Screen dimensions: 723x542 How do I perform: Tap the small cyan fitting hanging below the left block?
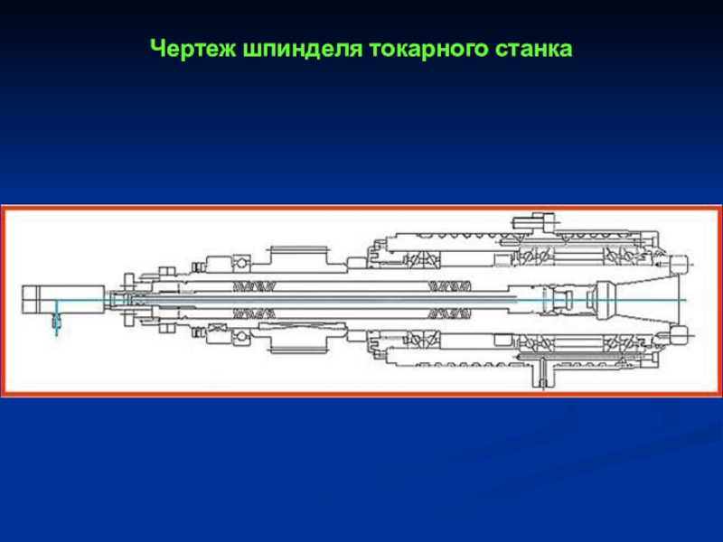pos(57,321)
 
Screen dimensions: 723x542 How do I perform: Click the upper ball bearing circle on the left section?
pos(241,263)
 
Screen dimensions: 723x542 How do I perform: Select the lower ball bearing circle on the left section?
pos(241,337)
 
